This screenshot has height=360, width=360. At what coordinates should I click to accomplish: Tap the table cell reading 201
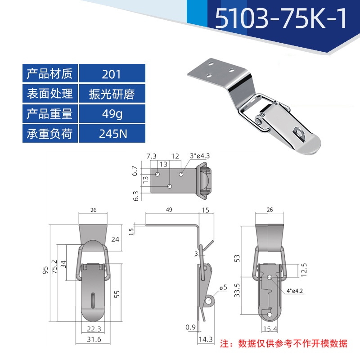(112, 74)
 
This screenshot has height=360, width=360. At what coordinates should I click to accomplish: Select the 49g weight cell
(112, 114)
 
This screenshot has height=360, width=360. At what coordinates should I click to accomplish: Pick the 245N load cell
(112, 134)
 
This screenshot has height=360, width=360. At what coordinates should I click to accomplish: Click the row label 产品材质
(50, 74)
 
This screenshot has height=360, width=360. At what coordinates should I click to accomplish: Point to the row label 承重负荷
(50, 134)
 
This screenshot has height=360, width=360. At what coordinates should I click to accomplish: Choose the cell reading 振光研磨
(112, 94)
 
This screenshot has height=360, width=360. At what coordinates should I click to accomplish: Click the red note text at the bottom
(283, 344)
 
